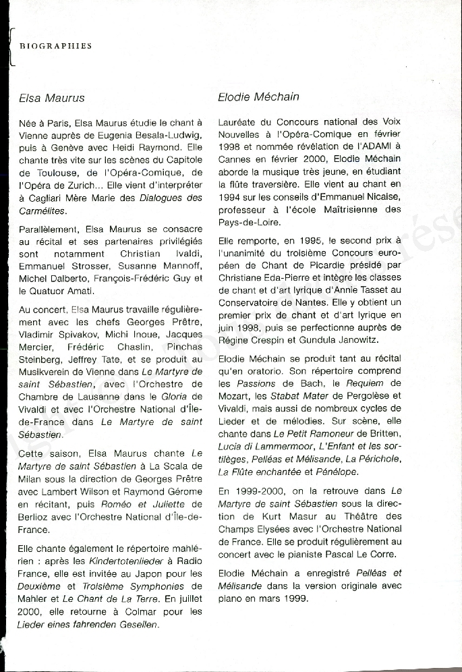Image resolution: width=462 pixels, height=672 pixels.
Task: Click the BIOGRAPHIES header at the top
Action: pos(55,47)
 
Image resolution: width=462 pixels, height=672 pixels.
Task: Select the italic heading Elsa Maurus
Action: pos(52,98)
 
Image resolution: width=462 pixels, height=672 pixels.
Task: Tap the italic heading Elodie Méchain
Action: pos(258,96)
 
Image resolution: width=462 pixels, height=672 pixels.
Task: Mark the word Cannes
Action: pos(235,159)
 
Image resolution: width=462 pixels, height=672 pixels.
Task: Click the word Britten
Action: pos(386,432)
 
